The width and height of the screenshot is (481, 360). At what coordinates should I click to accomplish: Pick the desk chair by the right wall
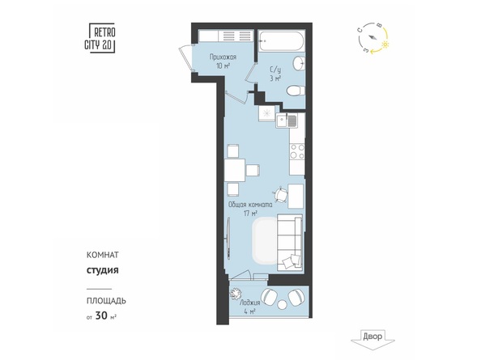point(280,194)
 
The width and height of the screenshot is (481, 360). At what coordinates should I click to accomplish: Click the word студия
point(102,270)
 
